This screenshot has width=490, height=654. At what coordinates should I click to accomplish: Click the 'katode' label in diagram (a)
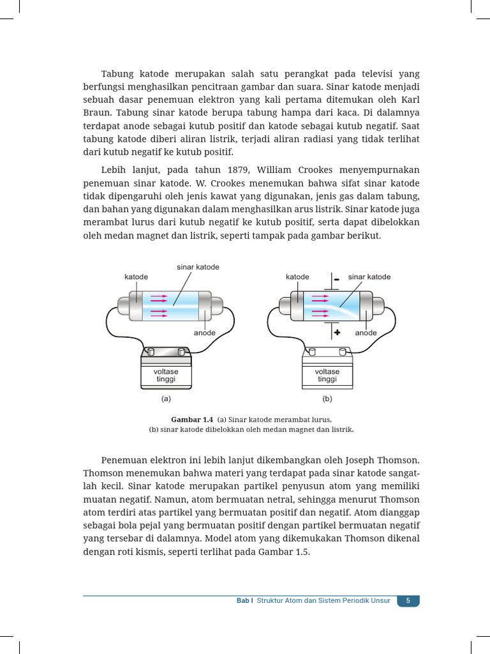click(x=136, y=277)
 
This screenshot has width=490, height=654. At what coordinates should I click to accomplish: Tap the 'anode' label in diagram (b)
click(x=366, y=333)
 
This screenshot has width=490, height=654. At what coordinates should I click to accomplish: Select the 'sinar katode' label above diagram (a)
click(x=198, y=266)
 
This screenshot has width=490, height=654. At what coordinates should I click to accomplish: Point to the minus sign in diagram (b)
click(x=336, y=279)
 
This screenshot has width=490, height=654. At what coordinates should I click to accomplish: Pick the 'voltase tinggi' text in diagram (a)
click(x=166, y=375)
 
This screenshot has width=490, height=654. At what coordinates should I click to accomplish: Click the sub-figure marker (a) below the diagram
click(x=166, y=399)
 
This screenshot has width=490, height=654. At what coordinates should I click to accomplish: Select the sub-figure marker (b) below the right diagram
click(x=327, y=399)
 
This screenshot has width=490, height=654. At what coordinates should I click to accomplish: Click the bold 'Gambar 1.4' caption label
click(x=191, y=420)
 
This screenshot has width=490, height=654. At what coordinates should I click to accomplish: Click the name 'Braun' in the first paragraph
click(x=97, y=112)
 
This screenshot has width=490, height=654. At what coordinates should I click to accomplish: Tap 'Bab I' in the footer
click(x=244, y=601)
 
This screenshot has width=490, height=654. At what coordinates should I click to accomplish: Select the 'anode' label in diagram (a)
click(x=205, y=333)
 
